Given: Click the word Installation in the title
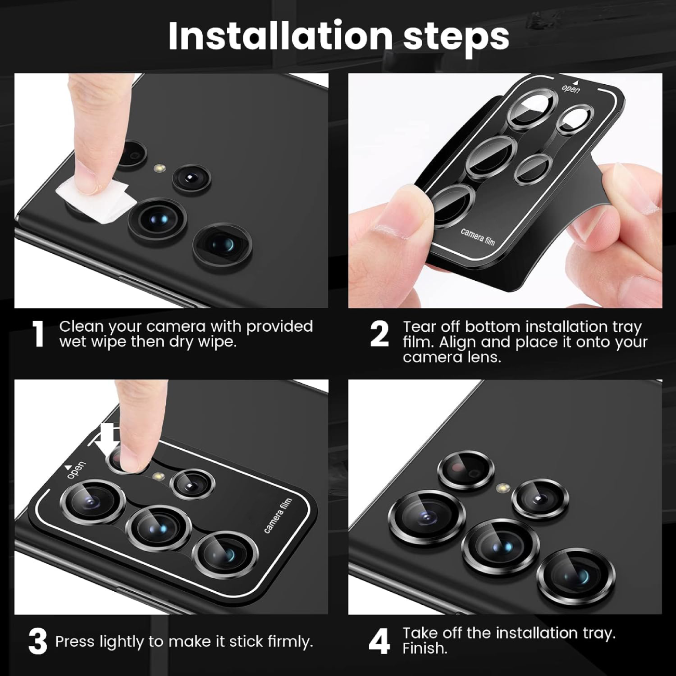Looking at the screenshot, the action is [x=280, y=36].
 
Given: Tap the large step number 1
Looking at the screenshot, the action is [x=37, y=334].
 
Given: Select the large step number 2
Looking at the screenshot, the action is [x=380, y=334].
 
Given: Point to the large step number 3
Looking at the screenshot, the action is [x=37, y=641].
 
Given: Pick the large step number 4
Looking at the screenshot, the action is [x=379, y=641].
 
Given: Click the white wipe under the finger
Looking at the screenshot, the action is [x=95, y=202].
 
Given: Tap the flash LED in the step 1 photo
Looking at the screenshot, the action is [x=160, y=168].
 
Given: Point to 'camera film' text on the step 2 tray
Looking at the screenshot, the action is [x=478, y=237].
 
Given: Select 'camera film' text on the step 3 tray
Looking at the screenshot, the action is [x=278, y=516].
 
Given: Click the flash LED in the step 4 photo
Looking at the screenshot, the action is [x=503, y=488].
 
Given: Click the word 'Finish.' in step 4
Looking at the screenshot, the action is [x=425, y=648].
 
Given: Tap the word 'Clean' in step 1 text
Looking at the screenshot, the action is [x=82, y=327].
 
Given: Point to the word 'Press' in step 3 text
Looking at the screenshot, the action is [x=75, y=641].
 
